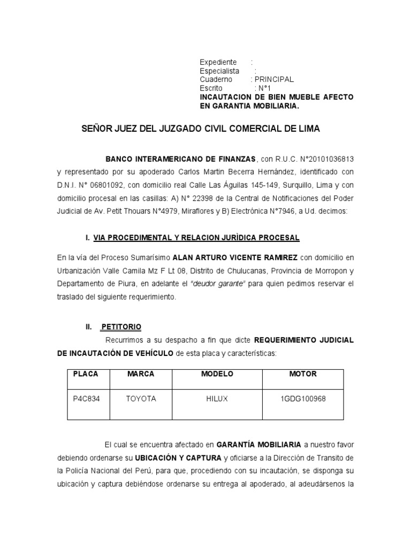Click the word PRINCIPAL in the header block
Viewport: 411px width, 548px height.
click(276, 79)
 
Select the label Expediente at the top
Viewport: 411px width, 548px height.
click(218, 62)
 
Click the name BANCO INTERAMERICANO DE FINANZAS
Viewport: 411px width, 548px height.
click(181, 159)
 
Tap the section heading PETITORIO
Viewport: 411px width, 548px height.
click(121, 326)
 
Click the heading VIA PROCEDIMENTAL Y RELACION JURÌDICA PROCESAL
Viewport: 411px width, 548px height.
click(196, 237)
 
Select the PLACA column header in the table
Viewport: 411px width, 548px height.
click(86, 374)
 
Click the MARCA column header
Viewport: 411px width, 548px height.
click(141, 374)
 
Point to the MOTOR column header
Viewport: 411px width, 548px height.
click(303, 374)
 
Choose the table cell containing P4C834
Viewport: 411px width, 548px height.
click(86, 399)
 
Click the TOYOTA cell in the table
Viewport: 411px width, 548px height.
click(141, 399)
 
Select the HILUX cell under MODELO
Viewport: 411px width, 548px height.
click(217, 399)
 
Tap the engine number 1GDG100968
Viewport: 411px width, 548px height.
click(303, 399)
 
